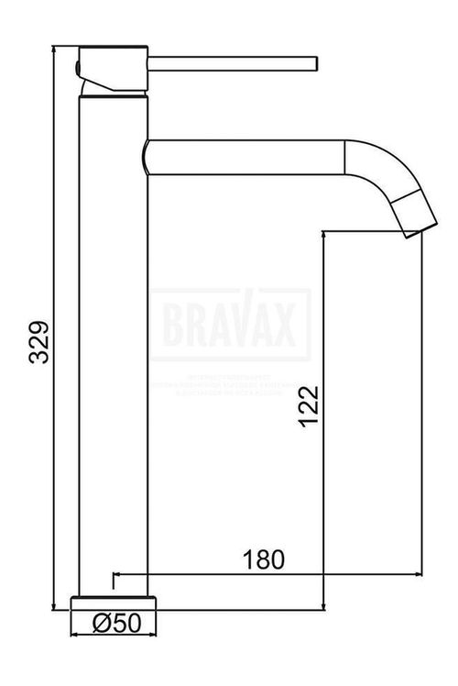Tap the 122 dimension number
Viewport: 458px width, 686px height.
click(x=309, y=406)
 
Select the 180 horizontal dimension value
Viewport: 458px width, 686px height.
click(x=265, y=559)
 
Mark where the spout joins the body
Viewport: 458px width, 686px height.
click(x=147, y=156)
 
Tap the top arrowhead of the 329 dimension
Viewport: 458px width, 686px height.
click(x=56, y=49)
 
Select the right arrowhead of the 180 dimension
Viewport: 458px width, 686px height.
click(x=416, y=576)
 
